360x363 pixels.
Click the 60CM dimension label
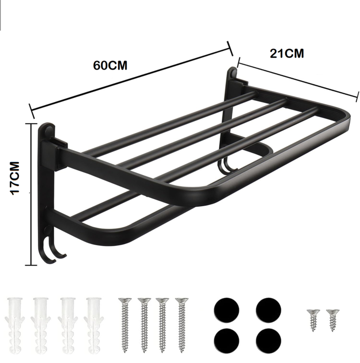tap(110, 65)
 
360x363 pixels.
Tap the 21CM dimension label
tap(287, 53)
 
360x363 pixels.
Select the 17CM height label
tap(15, 178)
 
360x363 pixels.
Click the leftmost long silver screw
tap(125, 325)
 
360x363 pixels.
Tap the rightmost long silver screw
tap(182, 325)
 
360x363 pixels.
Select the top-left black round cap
tap(226, 310)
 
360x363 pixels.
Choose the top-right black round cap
tap(269, 310)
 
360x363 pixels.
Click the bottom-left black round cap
tap(226, 341)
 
